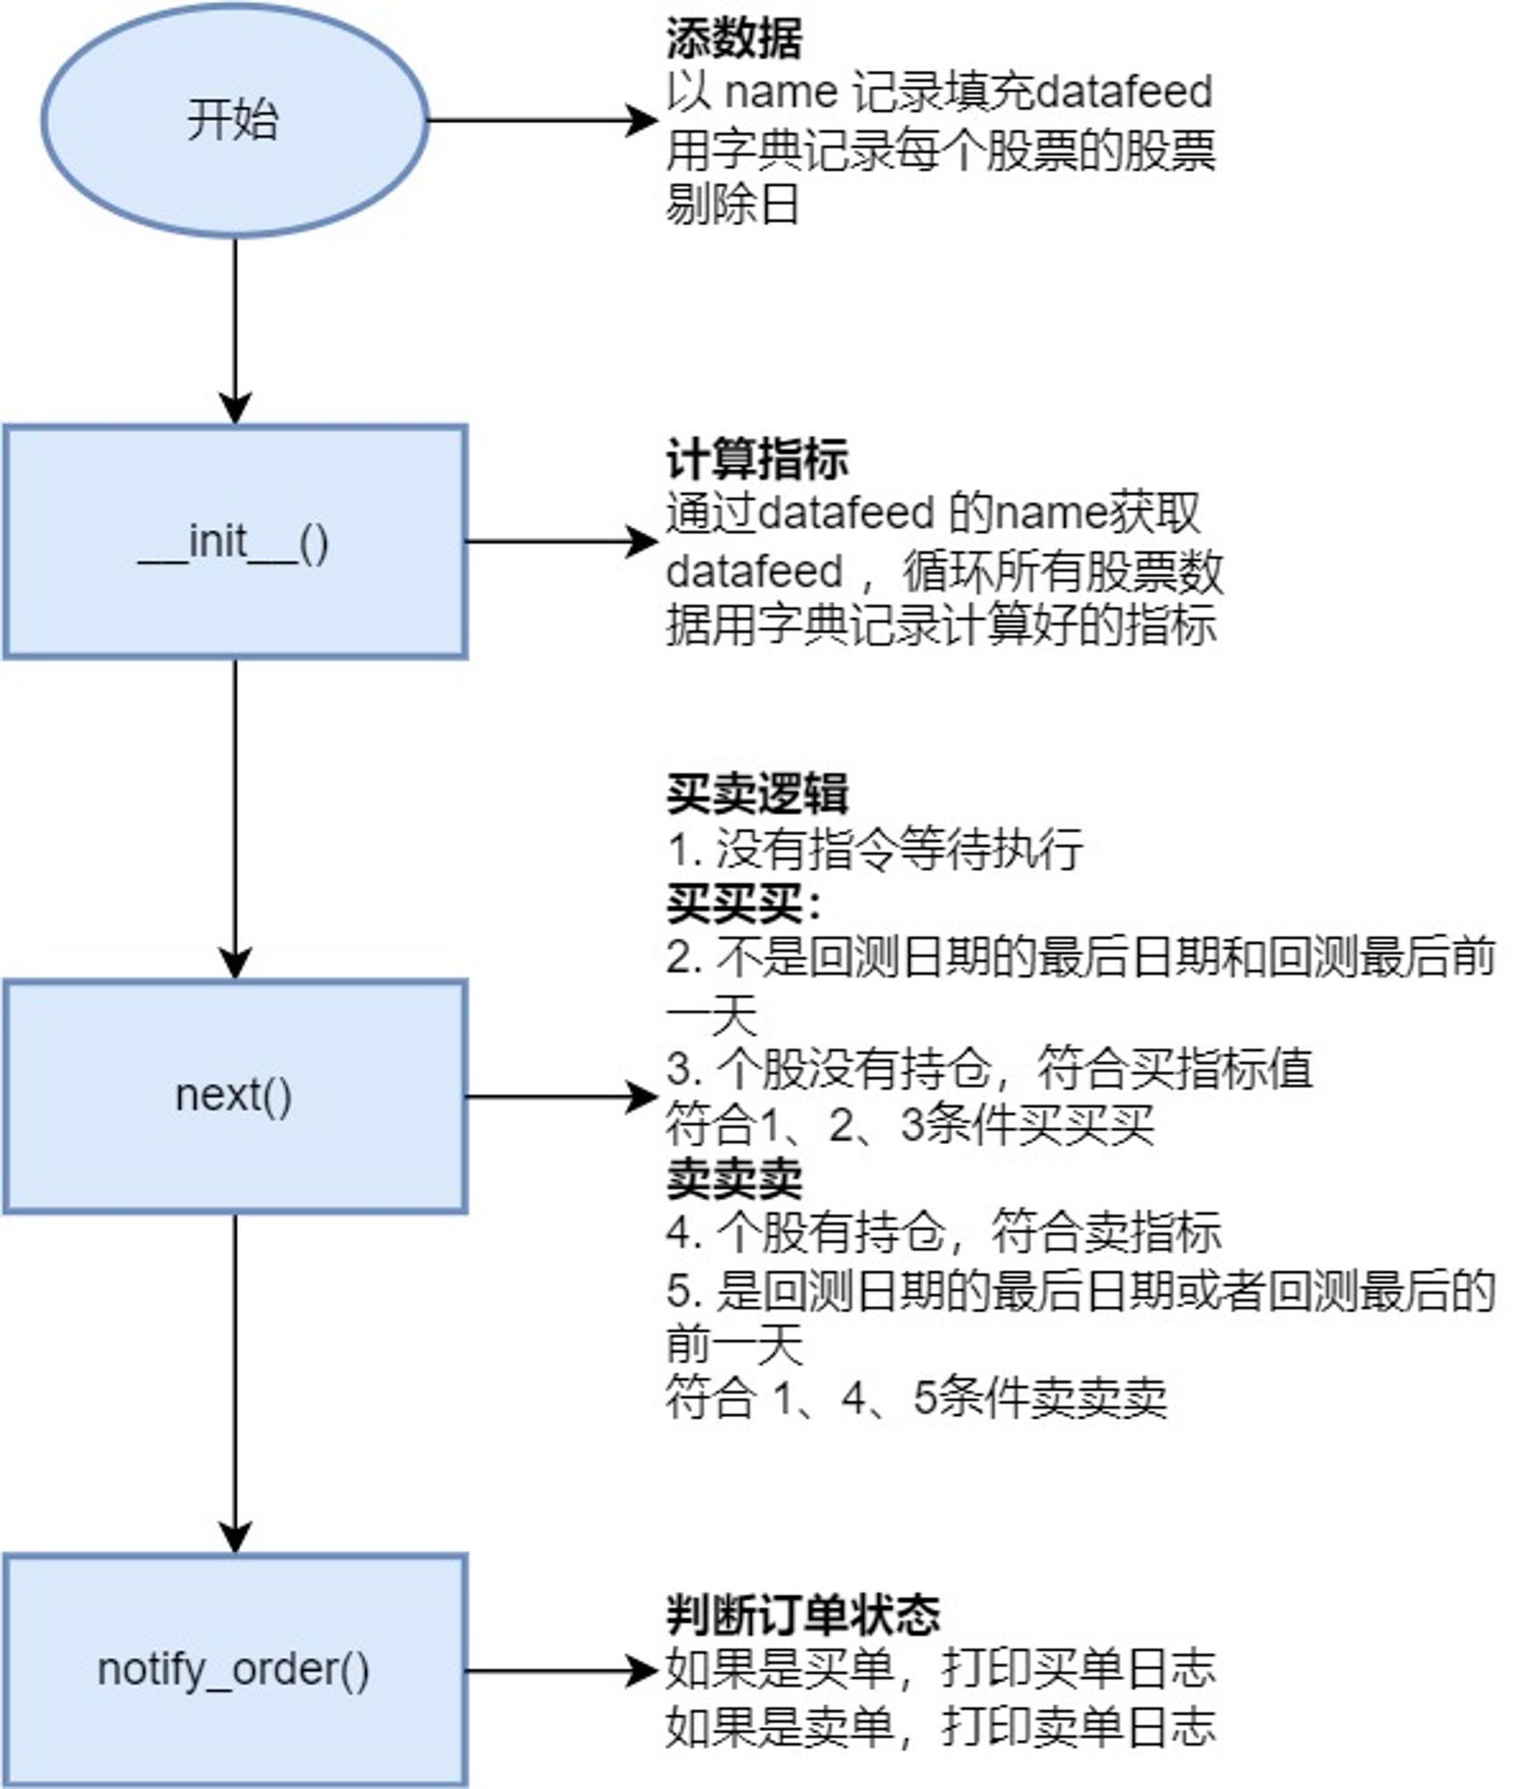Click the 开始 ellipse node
234,120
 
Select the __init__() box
235,542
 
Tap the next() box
235,1097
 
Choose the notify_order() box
235,1670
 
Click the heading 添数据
733,38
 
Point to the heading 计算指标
756,460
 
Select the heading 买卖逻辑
756,793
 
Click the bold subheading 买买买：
744,904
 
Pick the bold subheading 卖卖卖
733,1179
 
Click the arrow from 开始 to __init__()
235,332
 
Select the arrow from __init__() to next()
235,819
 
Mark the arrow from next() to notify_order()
235,1385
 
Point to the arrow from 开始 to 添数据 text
544,120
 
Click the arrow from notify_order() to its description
563,1670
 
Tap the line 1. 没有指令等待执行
875,849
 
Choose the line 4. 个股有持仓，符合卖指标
943,1233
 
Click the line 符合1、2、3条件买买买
909,1124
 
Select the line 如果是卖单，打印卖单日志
941,1726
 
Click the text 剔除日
731,204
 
